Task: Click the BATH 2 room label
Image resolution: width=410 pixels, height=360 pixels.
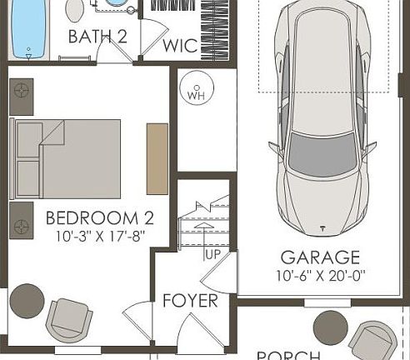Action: coord(97,37)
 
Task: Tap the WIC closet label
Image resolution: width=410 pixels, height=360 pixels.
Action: coord(180,45)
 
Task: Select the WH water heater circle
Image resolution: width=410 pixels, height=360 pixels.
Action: coord(197,92)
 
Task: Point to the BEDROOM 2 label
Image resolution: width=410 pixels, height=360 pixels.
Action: coord(99,218)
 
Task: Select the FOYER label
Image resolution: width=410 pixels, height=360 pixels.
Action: coord(190,301)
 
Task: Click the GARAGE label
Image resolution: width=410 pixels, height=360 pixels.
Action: coord(319,257)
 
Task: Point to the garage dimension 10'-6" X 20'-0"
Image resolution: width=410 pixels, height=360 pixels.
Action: coord(319,275)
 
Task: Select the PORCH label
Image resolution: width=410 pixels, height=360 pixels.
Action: coord(289,355)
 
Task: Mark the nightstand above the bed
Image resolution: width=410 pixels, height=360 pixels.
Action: coord(21,91)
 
